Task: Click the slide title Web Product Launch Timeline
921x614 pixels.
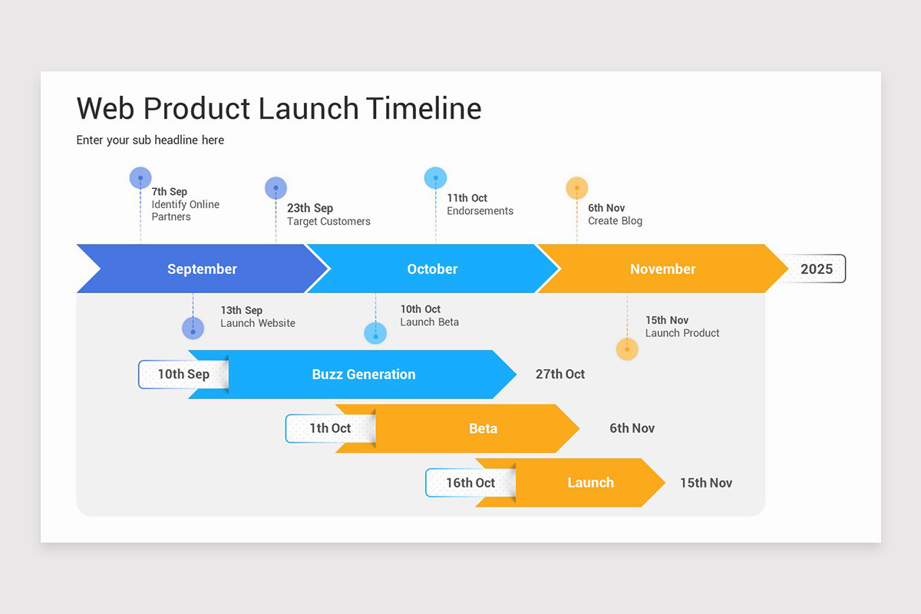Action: point(279,109)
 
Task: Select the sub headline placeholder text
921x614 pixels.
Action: point(150,140)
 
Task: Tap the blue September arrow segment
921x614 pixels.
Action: point(202,269)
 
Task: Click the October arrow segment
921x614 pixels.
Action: point(432,269)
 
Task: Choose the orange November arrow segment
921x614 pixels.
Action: point(662,269)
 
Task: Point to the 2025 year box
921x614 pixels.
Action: point(816,269)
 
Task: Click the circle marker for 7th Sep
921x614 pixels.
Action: point(140,178)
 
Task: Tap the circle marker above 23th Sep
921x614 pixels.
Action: point(276,188)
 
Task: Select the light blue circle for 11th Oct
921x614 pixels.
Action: point(435,178)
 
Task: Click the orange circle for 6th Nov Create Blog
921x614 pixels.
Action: point(576,188)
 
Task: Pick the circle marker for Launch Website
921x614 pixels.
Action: point(193,328)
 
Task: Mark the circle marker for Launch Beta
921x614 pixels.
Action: point(375,333)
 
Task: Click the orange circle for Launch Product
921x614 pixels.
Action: point(627,349)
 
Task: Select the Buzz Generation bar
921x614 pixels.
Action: point(364,375)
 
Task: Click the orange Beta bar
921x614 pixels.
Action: point(483,428)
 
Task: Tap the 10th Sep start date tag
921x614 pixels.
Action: point(183,375)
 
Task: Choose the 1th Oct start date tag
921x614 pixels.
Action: point(329,428)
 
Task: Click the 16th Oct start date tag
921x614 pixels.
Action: point(470,483)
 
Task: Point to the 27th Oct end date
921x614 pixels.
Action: point(560,375)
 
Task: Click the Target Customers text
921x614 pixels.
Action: point(328,222)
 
